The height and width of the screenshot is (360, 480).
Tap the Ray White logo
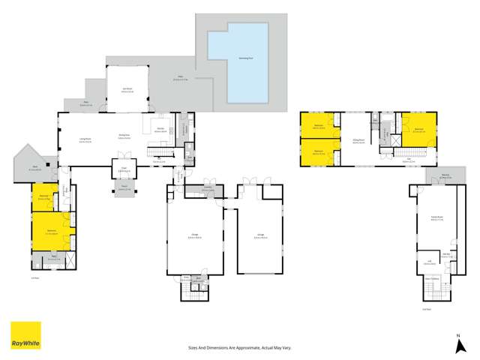(25, 336)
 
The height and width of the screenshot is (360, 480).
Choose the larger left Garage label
(195, 236)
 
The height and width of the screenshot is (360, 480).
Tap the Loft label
(430, 260)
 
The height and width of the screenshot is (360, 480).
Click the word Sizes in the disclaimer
(192, 347)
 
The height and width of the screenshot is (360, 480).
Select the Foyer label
(121, 170)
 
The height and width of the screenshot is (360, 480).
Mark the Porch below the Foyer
(121, 188)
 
